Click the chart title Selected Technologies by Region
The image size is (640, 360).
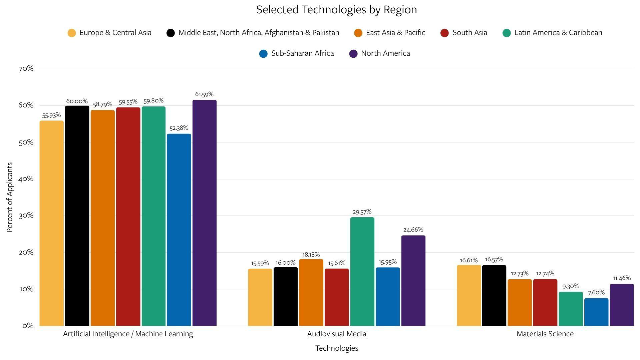(x=336, y=10)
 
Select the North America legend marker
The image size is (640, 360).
(x=353, y=54)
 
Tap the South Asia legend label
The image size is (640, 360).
(x=469, y=33)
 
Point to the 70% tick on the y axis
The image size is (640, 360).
(x=26, y=69)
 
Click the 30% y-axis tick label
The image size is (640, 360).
(x=26, y=216)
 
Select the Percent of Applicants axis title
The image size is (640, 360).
(x=10, y=197)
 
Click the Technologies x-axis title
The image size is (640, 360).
(x=336, y=348)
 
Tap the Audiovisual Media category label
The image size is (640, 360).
(x=336, y=334)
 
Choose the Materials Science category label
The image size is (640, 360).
(x=545, y=334)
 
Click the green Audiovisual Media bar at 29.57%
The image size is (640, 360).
(x=362, y=272)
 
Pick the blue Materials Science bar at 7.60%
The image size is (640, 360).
(x=596, y=312)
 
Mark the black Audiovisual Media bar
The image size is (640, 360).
(x=285, y=297)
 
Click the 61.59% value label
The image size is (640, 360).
(x=204, y=94)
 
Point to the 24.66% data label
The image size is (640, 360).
(x=413, y=230)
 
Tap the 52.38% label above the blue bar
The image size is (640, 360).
(x=179, y=128)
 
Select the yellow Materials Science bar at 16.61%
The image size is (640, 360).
(x=468, y=295)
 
